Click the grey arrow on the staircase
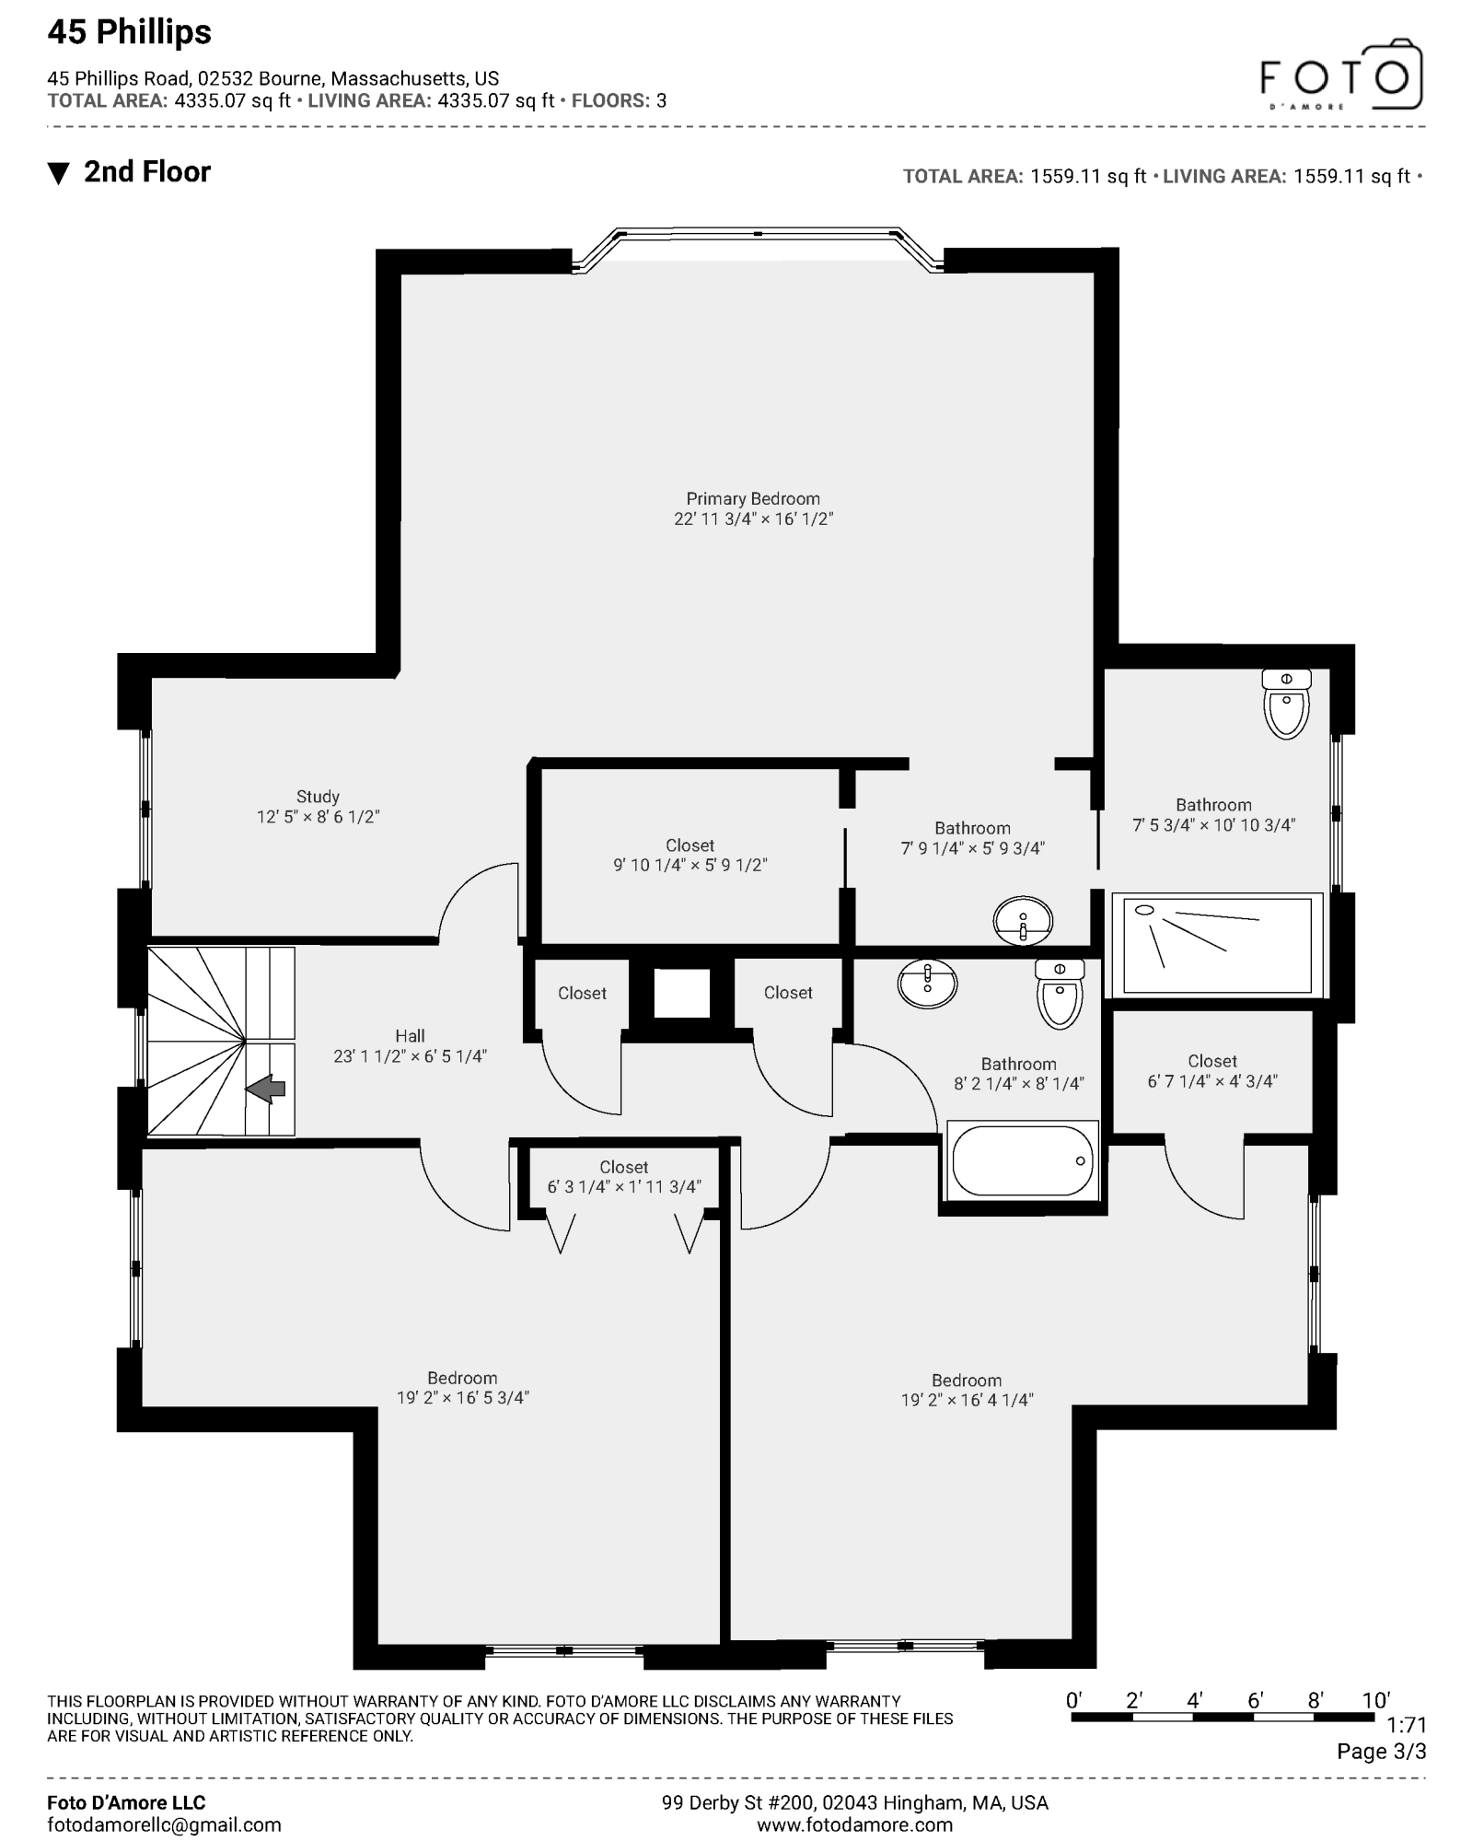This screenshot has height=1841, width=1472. tap(265, 1089)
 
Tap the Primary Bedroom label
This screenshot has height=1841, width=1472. tap(752, 498)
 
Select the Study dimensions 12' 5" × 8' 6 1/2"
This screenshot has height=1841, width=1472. tap(318, 817)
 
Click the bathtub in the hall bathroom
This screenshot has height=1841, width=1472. tap(1022, 1160)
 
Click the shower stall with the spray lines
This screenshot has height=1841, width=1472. tap(1217, 945)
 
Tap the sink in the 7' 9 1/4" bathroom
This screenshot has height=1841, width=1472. tap(1023, 920)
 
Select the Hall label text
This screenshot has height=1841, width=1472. tap(410, 1036)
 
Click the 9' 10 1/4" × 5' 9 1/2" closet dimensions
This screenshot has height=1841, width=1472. tap(690, 866)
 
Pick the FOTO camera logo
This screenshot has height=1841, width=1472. tap(1341, 75)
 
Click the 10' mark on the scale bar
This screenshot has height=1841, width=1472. tap(1375, 1701)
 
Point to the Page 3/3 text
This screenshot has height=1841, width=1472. tap(1381, 1752)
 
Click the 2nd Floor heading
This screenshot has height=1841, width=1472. tap(146, 172)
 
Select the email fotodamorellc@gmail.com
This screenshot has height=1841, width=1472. tap(164, 1824)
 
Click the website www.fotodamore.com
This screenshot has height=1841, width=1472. tap(854, 1824)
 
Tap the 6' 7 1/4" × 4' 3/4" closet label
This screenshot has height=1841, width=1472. tap(1211, 1072)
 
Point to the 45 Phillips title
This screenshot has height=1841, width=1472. tap(129, 32)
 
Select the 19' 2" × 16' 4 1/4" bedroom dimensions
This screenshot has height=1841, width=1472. tap(967, 1400)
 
